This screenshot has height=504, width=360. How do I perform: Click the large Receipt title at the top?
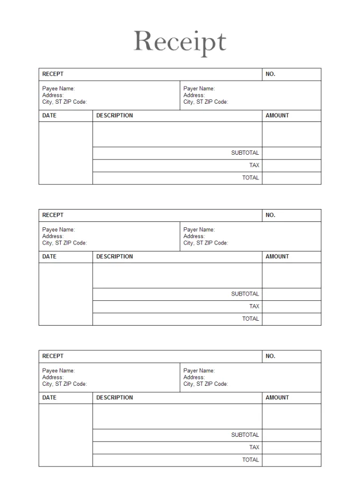coord(180,42)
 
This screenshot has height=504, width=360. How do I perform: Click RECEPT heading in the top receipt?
coord(53,74)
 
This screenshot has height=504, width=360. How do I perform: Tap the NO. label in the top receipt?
coord(270,74)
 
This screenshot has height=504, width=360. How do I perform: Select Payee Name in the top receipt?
coord(59,89)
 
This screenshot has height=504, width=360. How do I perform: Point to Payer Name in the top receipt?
coord(199,89)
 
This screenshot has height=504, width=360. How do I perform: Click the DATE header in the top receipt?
coord(49,116)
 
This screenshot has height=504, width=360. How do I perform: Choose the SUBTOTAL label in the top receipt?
coord(245,153)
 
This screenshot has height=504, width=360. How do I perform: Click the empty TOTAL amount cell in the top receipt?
coord(291,178)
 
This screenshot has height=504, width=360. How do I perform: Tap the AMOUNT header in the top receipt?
coord(277,116)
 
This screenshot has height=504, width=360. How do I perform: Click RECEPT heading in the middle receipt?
coord(53,215)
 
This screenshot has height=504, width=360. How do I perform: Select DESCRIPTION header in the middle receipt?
coord(114,256)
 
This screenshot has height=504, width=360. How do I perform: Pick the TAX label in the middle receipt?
coord(254,306)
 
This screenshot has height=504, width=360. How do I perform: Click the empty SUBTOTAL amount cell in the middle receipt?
coord(291,294)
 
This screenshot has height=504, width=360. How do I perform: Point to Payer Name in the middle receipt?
coord(199,229)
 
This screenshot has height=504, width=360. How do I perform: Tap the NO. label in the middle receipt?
coord(270,215)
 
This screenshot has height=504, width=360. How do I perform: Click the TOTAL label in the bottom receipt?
coord(250,460)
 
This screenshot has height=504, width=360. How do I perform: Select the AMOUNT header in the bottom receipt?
coord(277,398)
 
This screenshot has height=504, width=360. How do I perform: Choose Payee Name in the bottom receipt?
coord(59,371)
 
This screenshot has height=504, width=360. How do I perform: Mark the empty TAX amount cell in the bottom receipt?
coord(291,448)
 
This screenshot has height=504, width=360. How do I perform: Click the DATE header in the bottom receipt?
coord(49,398)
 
